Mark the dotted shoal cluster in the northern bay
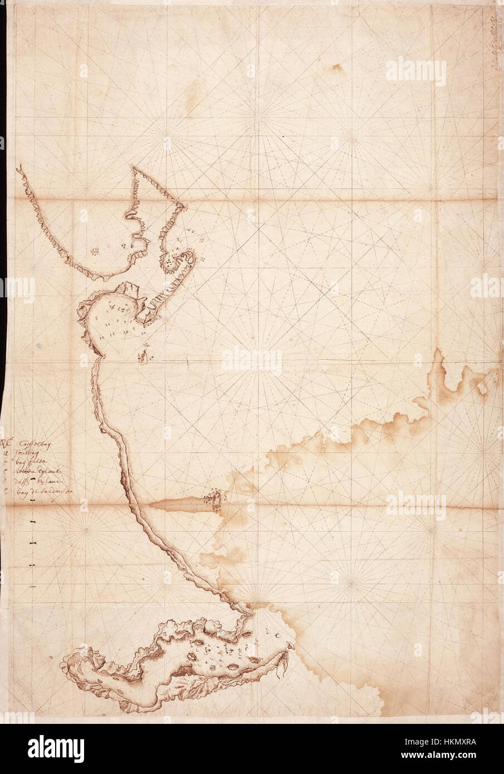pyautogui.click(x=96, y=252)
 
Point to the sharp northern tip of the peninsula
pyautogui.click(x=135, y=168)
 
